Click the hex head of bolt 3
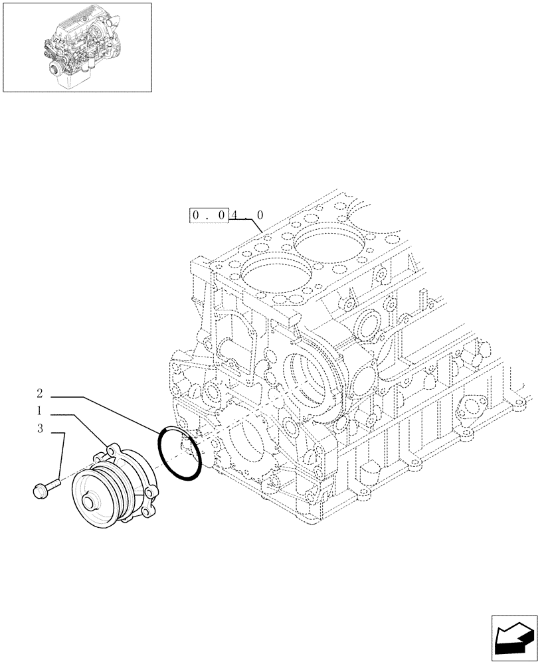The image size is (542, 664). [x=38, y=491]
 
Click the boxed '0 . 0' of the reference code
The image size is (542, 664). [x=209, y=215]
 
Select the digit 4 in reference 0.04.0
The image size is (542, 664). [x=238, y=215]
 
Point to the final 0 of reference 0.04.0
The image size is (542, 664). [x=260, y=215]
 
